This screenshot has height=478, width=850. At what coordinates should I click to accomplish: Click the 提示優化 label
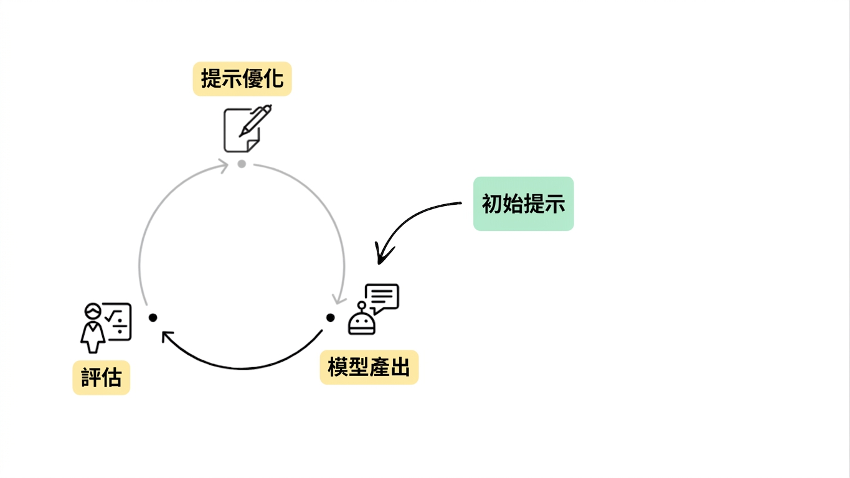coord(242,79)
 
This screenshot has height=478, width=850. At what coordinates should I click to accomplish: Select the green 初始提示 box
coord(523,204)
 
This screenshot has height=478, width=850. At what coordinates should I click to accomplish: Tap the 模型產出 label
coord(369,367)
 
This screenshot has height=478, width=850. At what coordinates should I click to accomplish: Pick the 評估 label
coord(102,377)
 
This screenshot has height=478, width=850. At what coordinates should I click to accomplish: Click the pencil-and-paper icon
coord(247,129)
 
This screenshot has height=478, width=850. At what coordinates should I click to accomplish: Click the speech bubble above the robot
coord(382,298)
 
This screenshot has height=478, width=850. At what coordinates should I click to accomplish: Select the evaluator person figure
coord(93,328)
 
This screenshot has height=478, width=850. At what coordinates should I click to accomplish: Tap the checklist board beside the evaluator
coord(118,321)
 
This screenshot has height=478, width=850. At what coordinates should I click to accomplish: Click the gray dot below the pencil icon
coord(242,164)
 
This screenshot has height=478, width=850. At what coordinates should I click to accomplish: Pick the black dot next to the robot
coord(331,317)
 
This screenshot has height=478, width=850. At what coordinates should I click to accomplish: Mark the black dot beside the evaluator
coord(153,317)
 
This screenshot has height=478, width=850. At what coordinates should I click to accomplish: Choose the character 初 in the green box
coord(492,204)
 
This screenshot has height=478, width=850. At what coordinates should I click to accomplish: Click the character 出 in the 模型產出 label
coord(400,367)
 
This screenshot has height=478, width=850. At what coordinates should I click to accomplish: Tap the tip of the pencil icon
coord(240,136)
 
